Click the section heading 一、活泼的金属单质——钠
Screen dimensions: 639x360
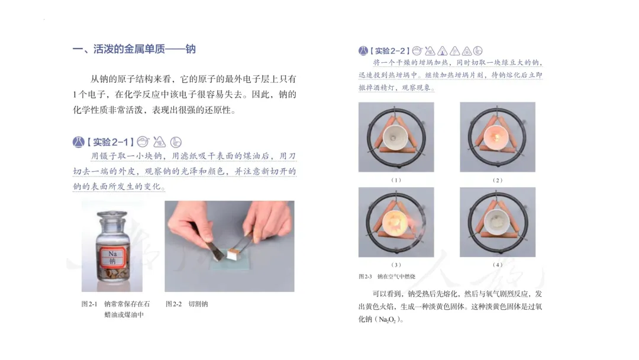pyautogui.click(x=134, y=49)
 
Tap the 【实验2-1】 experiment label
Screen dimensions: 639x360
pyautogui.click(x=111, y=142)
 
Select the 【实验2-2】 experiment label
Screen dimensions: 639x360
pyautogui.click(x=390, y=51)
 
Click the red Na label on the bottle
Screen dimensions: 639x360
pyautogui.click(x=112, y=257)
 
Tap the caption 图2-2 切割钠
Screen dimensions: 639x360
pyautogui.click(x=186, y=304)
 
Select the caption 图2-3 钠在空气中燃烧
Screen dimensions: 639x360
pyautogui.click(x=387, y=277)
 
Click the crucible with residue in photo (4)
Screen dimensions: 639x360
pyautogui.click(x=498, y=223)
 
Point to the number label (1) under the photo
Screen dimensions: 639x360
pyautogui.click(x=396, y=180)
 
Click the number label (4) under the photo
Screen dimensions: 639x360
pyautogui.click(x=498, y=265)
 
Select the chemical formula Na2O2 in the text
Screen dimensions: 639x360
pyautogui.click(x=387, y=320)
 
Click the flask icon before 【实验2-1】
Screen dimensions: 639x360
pyautogui.click(x=78, y=142)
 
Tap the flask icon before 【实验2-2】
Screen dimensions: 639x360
pyautogui.click(x=363, y=51)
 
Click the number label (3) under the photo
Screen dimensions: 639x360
pyautogui.click(x=396, y=265)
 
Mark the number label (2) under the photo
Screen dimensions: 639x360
pyautogui.click(x=498, y=180)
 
